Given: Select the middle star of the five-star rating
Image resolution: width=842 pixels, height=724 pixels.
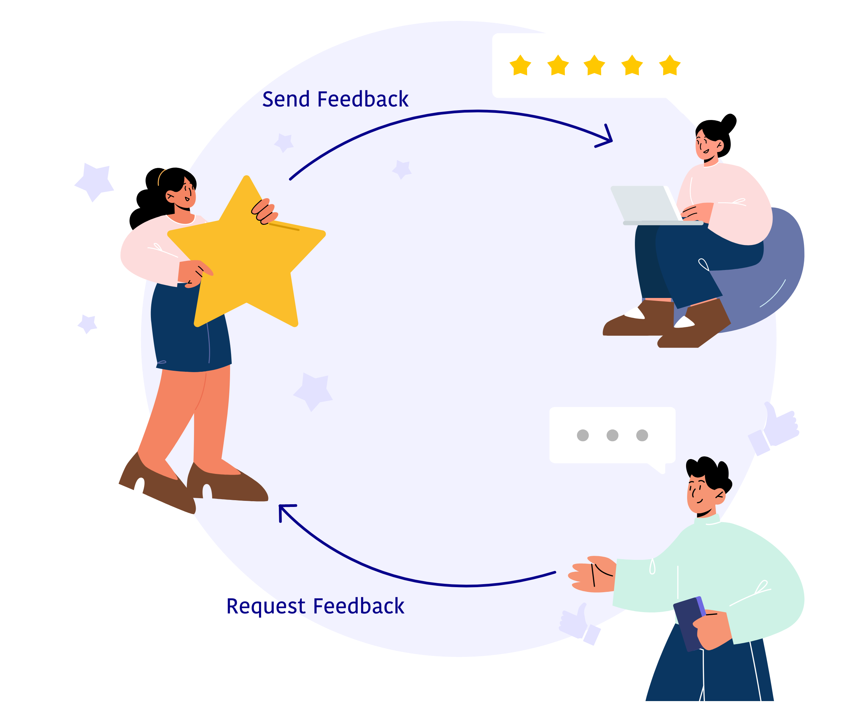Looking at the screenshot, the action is [594, 66].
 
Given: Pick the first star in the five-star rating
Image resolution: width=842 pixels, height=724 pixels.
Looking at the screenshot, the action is [520, 66].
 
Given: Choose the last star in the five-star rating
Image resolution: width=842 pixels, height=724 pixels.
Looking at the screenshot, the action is [670, 66].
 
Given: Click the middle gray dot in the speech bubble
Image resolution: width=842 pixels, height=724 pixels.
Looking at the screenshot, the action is [612, 435].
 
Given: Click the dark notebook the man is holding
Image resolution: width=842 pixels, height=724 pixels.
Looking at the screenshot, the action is [689, 624].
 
